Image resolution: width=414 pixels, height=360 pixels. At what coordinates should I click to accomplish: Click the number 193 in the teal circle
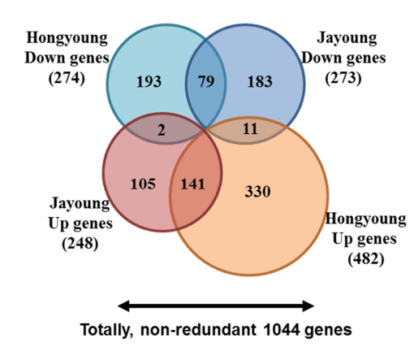click(149, 81)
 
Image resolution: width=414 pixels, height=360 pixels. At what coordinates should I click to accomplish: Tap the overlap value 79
click(206, 81)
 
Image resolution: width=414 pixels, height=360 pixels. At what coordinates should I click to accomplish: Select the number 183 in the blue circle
click(260, 81)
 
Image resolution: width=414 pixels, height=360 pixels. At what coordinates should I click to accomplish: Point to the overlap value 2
click(162, 131)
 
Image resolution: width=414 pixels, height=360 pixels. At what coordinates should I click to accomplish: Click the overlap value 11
click(250, 128)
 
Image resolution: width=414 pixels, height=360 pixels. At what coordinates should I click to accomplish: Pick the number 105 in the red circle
click(143, 184)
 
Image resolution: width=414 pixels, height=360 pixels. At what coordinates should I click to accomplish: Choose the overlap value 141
click(192, 184)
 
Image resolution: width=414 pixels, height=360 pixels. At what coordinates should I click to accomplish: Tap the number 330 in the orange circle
click(257, 192)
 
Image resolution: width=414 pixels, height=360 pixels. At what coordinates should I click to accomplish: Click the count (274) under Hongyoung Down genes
click(67, 78)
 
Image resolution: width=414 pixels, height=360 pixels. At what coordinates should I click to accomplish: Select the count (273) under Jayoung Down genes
click(343, 78)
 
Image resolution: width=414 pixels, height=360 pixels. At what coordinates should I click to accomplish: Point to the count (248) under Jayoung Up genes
click(80, 243)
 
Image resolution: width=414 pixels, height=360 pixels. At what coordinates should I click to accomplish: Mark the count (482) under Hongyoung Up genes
click(366, 258)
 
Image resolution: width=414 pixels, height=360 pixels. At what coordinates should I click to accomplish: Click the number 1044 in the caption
click(282, 330)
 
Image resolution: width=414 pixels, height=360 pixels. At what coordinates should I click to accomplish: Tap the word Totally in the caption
click(107, 330)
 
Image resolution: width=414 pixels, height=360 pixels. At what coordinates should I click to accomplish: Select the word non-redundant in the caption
click(198, 330)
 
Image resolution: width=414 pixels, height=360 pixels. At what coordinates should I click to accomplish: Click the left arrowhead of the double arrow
click(123, 306)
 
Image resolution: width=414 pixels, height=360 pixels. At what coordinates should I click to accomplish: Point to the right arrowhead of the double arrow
click(308, 306)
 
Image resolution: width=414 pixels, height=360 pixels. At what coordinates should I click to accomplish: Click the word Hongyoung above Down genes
click(67, 38)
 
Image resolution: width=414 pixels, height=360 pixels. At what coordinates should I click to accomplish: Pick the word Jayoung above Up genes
click(80, 204)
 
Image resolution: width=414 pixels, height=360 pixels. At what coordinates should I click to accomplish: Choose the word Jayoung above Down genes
click(347, 38)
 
